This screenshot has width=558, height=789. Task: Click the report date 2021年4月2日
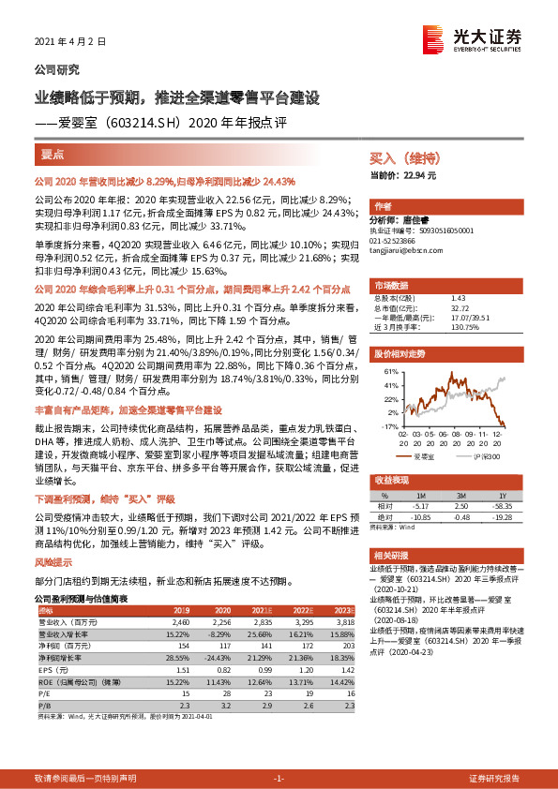click(65, 43)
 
